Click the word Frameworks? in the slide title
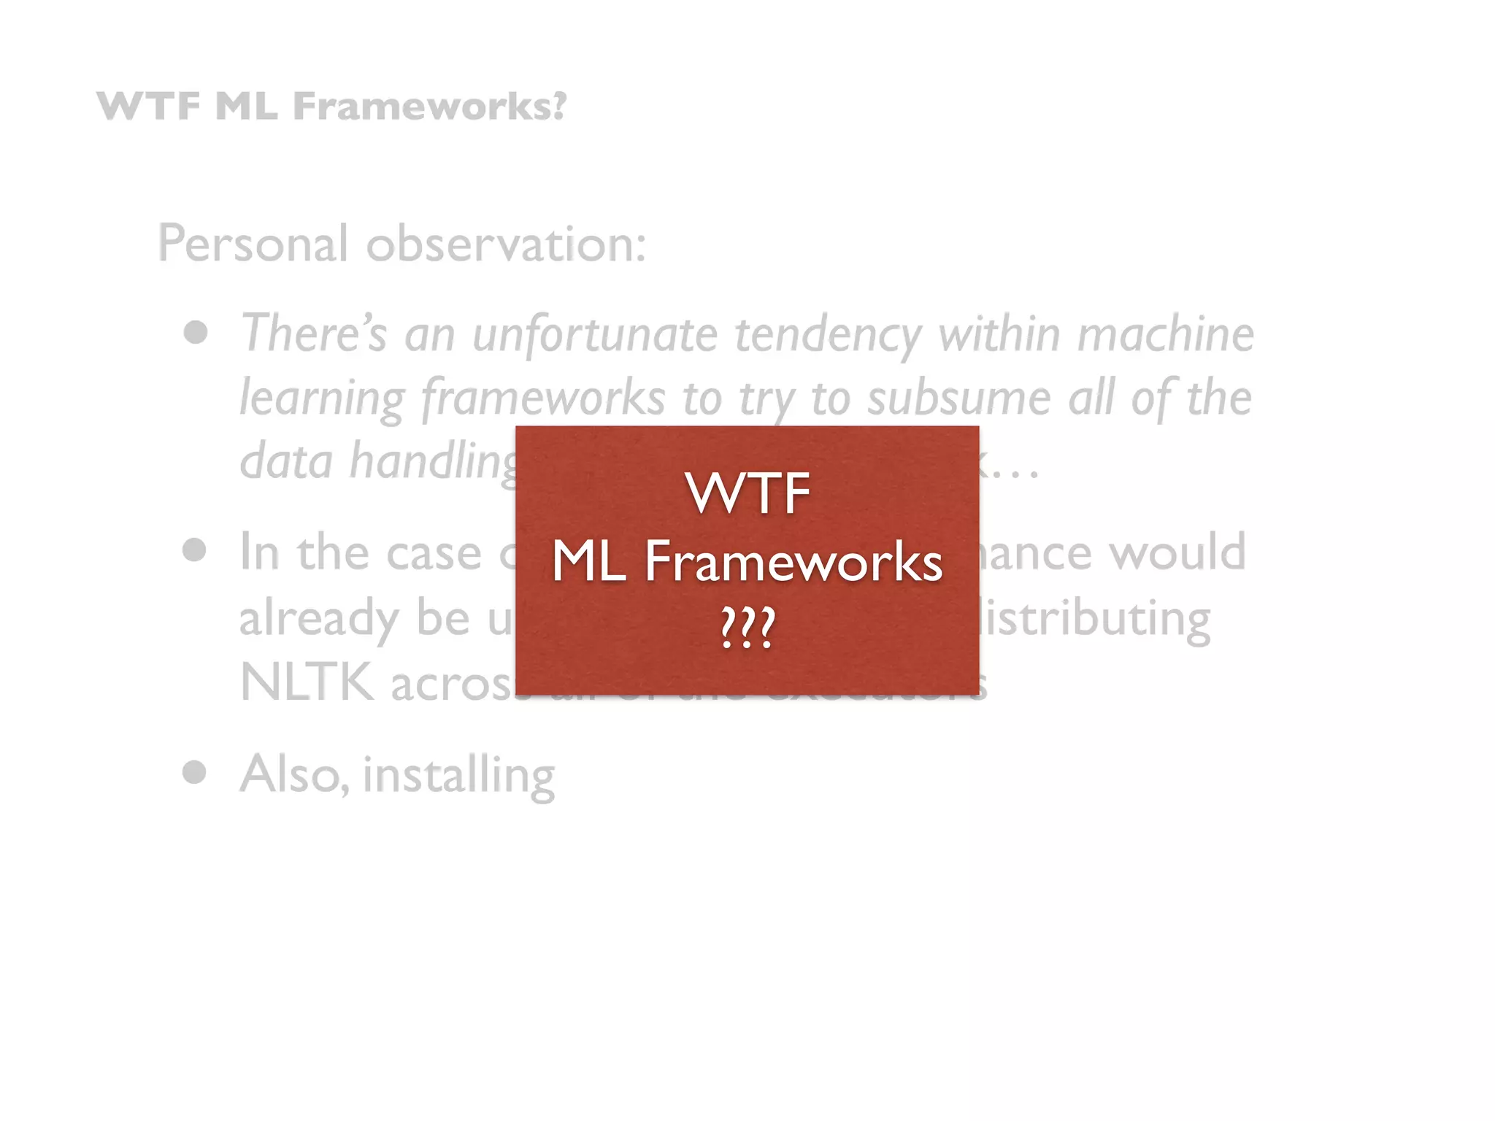point(429,107)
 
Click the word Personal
point(253,244)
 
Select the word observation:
point(506,244)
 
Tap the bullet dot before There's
point(196,333)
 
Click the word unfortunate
point(595,334)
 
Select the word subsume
point(959,398)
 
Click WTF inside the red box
point(747,493)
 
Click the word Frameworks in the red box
point(793,562)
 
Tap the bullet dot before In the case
point(194,550)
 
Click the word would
point(1177,552)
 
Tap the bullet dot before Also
point(194,772)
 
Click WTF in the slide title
point(148,107)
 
